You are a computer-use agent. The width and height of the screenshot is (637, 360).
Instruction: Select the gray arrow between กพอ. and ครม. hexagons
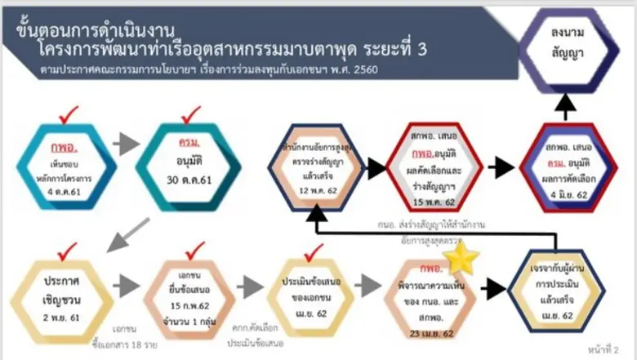tap(124, 145)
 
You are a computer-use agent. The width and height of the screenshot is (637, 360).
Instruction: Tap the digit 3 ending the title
tap(421, 50)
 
